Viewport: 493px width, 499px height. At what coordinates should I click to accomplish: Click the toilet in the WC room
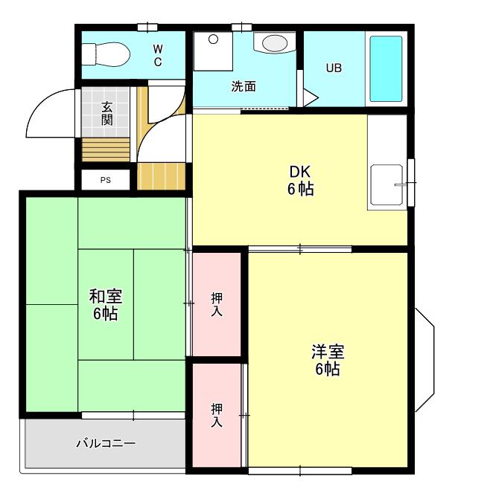coord(106,54)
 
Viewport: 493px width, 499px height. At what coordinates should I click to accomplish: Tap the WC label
coord(158,55)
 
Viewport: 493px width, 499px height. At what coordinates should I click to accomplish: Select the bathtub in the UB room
coord(386,68)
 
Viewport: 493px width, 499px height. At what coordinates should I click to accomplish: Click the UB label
coord(334,68)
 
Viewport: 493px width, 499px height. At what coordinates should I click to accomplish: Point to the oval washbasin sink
coord(275,43)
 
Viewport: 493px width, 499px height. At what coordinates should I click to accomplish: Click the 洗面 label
coord(244,86)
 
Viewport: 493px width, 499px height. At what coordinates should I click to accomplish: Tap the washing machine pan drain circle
coord(213,39)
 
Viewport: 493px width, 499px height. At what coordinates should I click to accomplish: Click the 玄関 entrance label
coord(106,114)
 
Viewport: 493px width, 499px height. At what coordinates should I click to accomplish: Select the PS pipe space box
coord(106,180)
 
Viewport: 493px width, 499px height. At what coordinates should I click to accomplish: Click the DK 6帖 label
coord(300,181)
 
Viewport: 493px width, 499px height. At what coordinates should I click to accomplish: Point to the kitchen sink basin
coord(387,184)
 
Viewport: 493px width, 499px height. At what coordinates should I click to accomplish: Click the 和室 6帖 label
coord(106,305)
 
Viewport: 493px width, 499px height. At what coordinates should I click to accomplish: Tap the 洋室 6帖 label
coord(328,360)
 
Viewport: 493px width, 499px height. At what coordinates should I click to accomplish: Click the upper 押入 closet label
coord(217,304)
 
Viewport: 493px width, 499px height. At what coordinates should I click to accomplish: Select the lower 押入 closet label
coord(217,415)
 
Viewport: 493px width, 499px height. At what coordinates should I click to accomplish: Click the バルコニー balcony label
coord(106,443)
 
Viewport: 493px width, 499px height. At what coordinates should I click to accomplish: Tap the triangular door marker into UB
coord(310,97)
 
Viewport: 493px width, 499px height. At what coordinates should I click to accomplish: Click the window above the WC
coord(147,28)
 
